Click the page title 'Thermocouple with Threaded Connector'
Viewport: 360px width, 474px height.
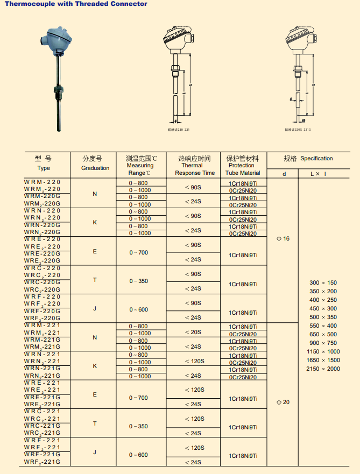[x=76, y=4]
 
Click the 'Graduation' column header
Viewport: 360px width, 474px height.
[x=95, y=168]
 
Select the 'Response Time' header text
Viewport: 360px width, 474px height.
[x=195, y=173]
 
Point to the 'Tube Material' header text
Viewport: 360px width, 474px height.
[x=243, y=173]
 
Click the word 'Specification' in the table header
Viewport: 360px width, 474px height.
[x=316, y=158]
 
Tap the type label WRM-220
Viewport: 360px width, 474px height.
[x=43, y=182]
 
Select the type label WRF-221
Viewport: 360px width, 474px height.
[x=43, y=440]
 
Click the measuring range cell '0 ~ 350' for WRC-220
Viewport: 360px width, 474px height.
[x=138, y=281]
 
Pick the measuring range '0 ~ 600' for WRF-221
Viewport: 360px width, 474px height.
[x=138, y=455]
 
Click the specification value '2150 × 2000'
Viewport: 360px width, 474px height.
[x=323, y=369]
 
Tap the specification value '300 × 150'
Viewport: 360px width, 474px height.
[x=323, y=282]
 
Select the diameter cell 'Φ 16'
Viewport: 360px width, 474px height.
[x=283, y=238]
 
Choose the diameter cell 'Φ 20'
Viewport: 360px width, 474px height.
[x=283, y=402]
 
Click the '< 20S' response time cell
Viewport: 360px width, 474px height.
[x=193, y=332]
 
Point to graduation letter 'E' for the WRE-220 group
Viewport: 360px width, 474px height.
[x=95, y=251]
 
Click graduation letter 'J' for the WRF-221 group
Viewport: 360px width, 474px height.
[x=95, y=452]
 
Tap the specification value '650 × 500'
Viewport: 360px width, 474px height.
[x=323, y=334]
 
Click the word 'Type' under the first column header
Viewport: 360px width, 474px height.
[x=44, y=168]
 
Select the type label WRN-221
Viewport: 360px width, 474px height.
[x=43, y=354]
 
